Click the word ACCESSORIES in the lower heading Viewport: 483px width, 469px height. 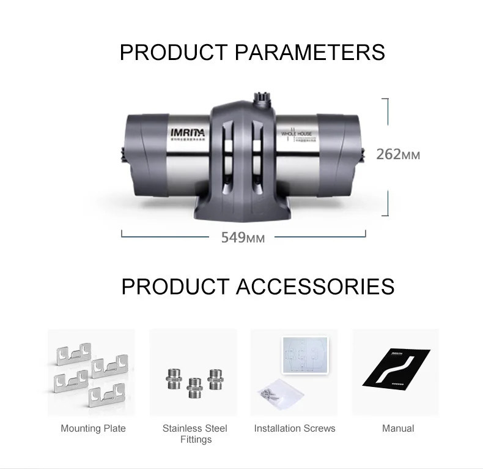(315, 287)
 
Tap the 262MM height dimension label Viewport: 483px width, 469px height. (398, 154)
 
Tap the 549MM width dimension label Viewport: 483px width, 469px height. (243, 237)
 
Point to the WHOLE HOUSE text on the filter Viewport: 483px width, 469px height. (297, 133)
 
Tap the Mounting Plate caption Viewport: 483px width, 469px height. (93, 429)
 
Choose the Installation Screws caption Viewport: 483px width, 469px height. (295, 429)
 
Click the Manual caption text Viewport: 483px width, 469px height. (398, 429)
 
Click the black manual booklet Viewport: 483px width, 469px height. (396, 368)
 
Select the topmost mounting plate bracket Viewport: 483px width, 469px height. (73, 354)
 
